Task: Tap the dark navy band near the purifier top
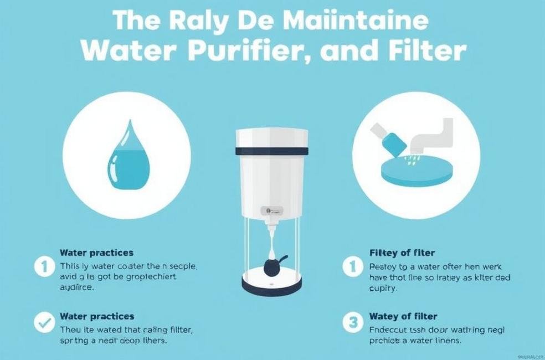(272, 150)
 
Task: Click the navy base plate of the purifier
(271, 285)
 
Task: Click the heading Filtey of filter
(402, 253)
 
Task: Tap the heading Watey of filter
(403, 316)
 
